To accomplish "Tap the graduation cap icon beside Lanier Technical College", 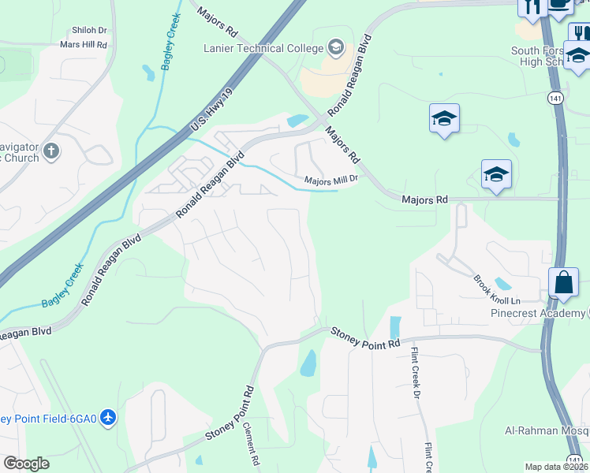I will (x=337, y=47).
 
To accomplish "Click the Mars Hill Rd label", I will (x=83, y=45).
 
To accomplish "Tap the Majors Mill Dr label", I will (x=331, y=181).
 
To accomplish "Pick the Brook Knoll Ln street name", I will (x=497, y=290).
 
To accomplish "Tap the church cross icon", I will (x=51, y=151).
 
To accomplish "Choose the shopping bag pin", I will (x=563, y=282).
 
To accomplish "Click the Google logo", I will (x=26, y=464).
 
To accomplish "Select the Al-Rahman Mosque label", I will (x=547, y=430).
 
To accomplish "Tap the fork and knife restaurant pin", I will (x=531, y=6).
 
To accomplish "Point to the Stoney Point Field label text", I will (x=48, y=419).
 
